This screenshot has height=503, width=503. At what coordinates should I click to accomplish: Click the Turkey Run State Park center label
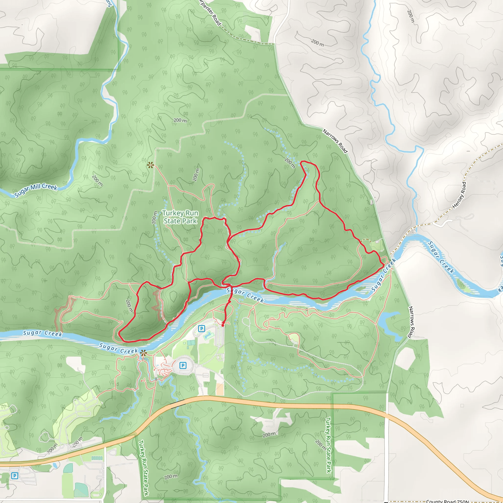[x=180, y=217]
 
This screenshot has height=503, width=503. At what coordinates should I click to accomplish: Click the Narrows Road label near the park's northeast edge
[x=335, y=141]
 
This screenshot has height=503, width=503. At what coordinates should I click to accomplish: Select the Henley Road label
[x=459, y=195]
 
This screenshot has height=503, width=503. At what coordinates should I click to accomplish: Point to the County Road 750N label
[x=447, y=501]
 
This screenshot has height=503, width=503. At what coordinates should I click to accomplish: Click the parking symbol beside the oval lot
[x=183, y=365]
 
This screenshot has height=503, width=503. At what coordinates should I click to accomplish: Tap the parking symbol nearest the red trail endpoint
[x=201, y=329]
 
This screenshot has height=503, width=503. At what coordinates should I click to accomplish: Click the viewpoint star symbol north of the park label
[x=150, y=165]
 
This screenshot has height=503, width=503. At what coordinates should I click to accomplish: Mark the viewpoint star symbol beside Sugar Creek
[x=143, y=353]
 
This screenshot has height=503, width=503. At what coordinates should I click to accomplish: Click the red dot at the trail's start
[x=223, y=325]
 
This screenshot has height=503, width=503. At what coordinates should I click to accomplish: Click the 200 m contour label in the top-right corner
[x=411, y=16]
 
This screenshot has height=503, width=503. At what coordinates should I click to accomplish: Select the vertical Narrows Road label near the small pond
[x=411, y=322]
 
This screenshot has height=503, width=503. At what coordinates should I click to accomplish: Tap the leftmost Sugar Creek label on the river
[x=42, y=333]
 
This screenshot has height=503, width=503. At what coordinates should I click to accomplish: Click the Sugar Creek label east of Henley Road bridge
[x=441, y=257]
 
